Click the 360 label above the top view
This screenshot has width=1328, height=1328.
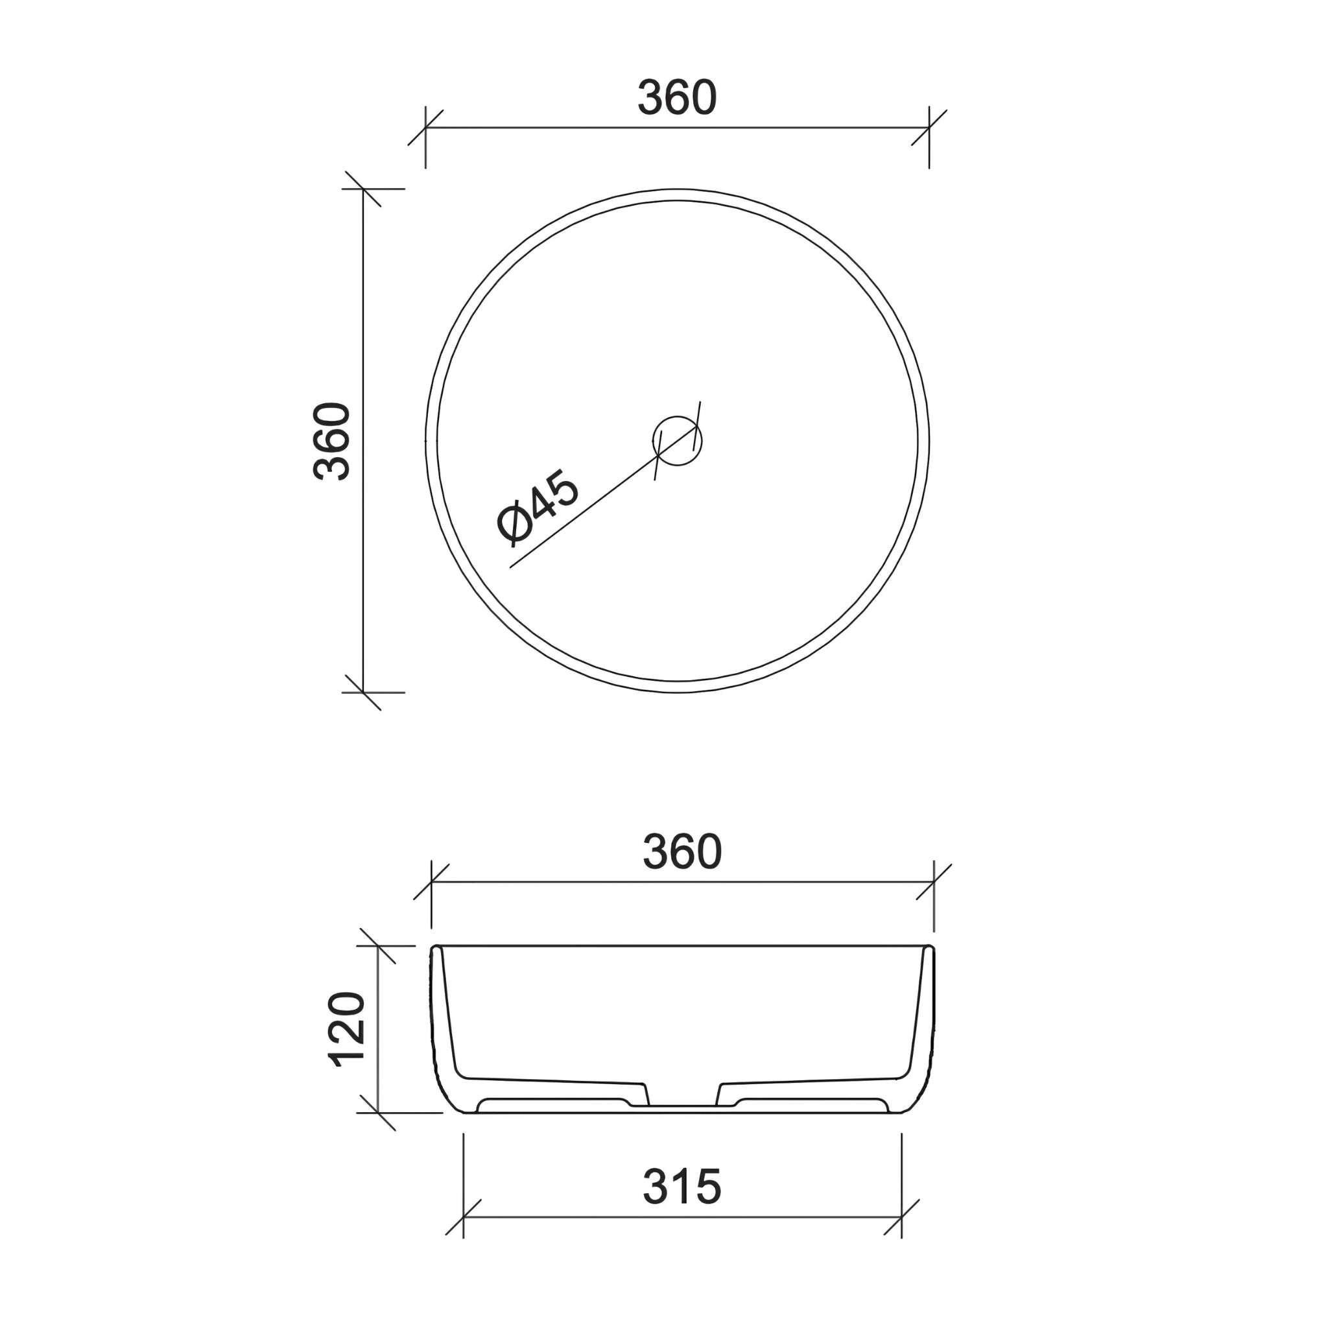tap(677, 99)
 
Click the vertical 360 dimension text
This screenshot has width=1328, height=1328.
tap(332, 440)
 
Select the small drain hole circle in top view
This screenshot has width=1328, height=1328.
tap(677, 440)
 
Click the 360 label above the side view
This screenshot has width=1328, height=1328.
tap(682, 852)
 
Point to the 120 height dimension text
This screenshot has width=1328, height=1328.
tap(348, 1029)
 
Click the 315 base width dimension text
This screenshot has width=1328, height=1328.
tap(682, 1187)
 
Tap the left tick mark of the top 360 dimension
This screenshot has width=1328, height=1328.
tap(425, 127)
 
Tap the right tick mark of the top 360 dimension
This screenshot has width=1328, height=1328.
tap(929, 127)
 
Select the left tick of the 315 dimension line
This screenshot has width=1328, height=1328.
tap(463, 1217)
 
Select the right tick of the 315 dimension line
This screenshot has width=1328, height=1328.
tap(901, 1217)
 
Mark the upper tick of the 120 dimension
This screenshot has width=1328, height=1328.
tap(377, 946)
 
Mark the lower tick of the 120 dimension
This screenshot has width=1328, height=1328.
tap(377, 1113)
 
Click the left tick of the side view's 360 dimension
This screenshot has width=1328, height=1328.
tap(431, 882)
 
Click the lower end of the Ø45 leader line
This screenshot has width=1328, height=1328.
tap(511, 567)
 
